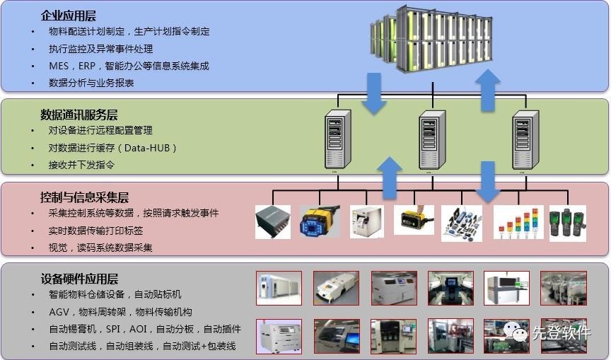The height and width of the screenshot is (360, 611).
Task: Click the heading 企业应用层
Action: [69, 15]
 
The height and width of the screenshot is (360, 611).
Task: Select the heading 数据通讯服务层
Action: [78, 115]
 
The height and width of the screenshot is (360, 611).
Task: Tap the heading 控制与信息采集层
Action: [85, 197]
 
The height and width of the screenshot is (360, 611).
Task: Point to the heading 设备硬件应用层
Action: [79, 279]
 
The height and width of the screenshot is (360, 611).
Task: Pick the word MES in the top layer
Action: [59, 66]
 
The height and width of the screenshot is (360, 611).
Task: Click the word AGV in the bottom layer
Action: [59, 312]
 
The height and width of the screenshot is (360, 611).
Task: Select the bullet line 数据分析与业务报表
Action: [91, 83]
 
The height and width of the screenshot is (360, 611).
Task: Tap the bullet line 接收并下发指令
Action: [81, 165]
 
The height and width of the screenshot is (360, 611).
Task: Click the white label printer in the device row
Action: [367, 221]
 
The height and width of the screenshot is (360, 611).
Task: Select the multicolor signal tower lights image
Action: [518, 222]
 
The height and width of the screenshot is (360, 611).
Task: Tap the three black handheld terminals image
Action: [568, 222]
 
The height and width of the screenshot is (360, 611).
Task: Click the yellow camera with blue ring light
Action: [320, 222]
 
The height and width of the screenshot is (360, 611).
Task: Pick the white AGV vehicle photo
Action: [336, 289]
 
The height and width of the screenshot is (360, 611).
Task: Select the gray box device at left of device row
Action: [273, 221]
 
